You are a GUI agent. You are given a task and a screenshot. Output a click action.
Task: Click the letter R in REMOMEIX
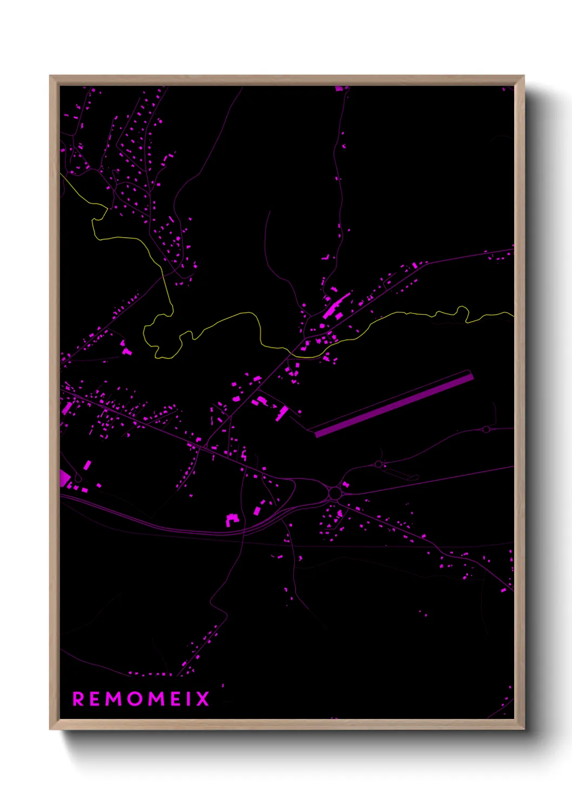pos(78,699)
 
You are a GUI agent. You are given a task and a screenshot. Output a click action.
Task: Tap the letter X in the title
pos(203,699)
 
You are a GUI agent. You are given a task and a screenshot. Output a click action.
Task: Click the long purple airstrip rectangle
pos(394,403)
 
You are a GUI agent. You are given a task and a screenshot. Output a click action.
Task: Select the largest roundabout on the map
pos(335,493)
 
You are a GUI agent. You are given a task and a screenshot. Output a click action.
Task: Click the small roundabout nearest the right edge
pos(486,430)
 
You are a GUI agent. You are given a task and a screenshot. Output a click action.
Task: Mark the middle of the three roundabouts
pos(378,464)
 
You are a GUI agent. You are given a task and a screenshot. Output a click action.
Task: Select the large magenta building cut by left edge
pos(64,478)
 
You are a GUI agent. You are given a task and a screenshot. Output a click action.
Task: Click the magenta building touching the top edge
pos(339,88)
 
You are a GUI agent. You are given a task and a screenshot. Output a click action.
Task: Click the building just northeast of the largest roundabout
pos(345,484)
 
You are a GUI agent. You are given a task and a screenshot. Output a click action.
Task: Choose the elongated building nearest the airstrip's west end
pos(282,413)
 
